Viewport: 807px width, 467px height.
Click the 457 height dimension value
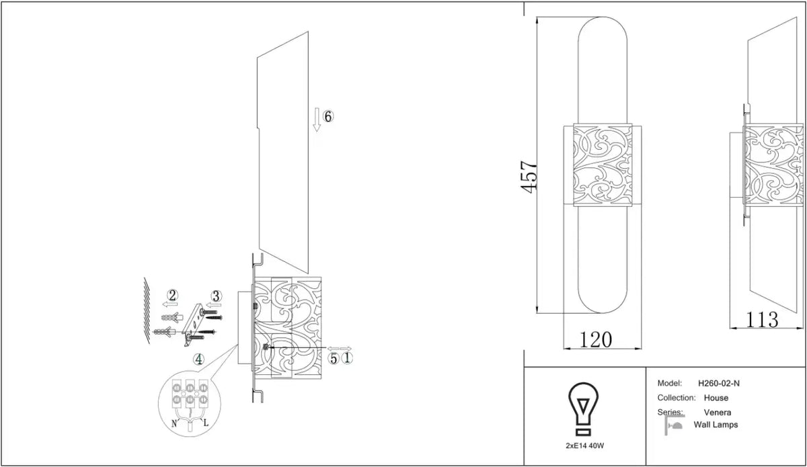click(x=529, y=177)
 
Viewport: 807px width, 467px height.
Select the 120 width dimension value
click(x=596, y=339)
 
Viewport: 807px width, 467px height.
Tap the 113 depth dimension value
click(x=761, y=319)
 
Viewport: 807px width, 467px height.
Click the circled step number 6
click(x=328, y=117)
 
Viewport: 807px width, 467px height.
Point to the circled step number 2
click(x=173, y=296)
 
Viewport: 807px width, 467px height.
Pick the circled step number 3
click(x=216, y=296)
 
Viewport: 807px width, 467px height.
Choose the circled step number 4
click(x=198, y=359)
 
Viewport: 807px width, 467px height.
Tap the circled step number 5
click(x=334, y=359)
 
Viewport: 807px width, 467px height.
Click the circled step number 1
click(x=347, y=358)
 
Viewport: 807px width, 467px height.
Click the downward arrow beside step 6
click(x=317, y=120)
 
